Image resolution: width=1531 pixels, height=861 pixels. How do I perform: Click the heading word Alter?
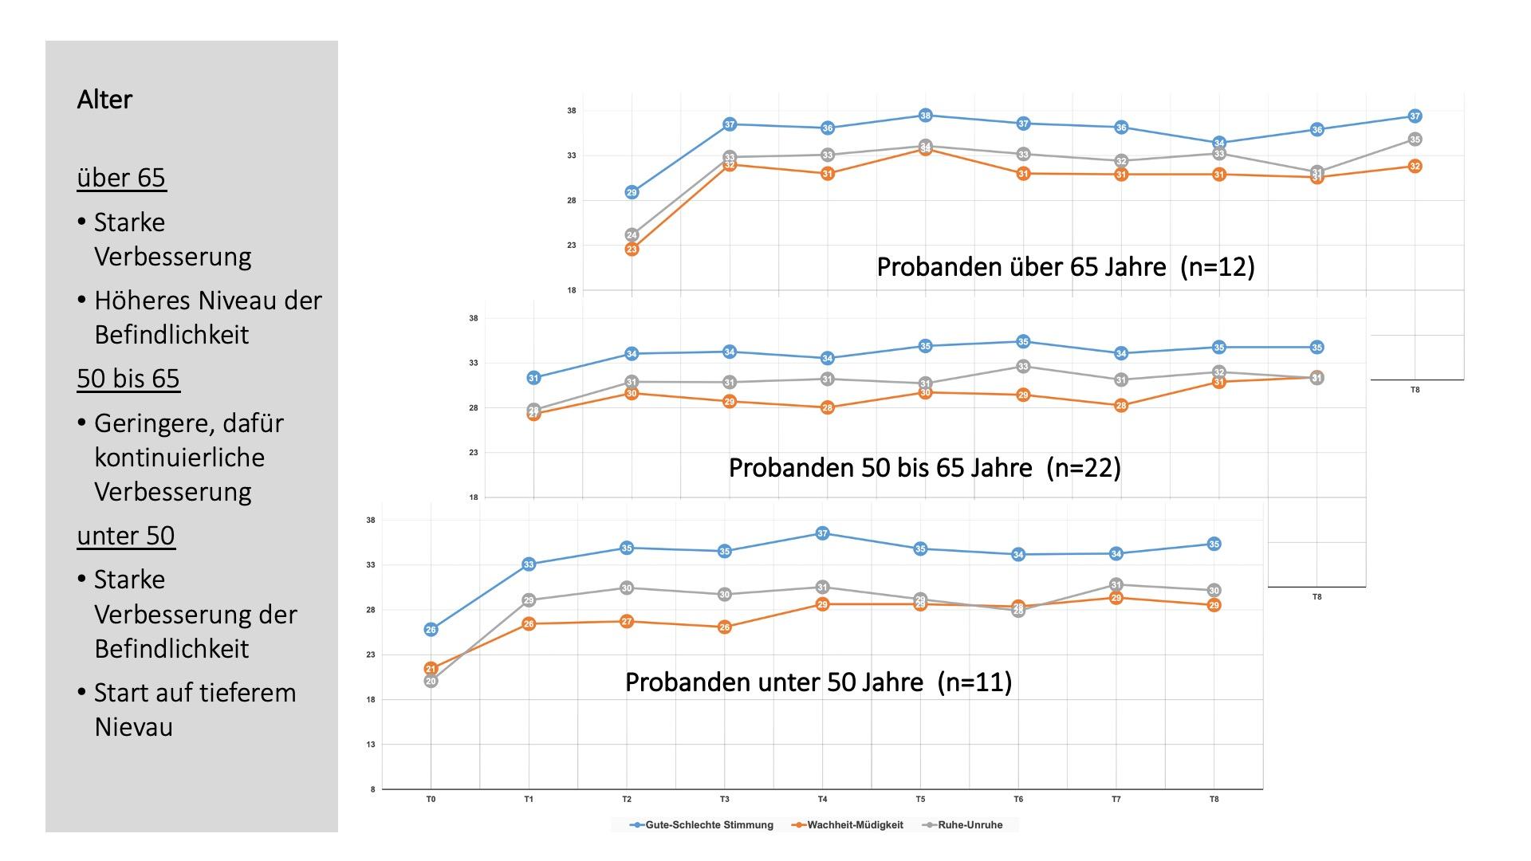click(104, 100)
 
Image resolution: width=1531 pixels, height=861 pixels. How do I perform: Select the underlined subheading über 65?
click(121, 177)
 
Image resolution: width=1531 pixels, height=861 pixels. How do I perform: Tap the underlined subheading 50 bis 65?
click(128, 378)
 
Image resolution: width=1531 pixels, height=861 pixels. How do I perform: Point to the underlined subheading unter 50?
click(126, 535)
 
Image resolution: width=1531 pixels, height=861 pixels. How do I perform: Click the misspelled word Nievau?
click(133, 727)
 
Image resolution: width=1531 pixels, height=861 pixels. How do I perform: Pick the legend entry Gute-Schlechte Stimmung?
click(709, 825)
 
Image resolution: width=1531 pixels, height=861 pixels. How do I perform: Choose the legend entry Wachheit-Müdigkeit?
click(855, 825)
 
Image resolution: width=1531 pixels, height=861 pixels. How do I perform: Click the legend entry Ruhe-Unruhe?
click(970, 825)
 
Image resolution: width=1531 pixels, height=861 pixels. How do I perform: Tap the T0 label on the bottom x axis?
click(431, 799)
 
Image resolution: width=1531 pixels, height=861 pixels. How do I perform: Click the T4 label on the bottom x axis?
click(822, 799)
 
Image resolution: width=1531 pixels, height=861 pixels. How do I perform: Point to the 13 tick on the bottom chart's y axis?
click(371, 745)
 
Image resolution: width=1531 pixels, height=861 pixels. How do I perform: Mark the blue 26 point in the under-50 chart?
click(431, 630)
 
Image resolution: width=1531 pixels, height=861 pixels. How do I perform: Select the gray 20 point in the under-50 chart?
click(431, 682)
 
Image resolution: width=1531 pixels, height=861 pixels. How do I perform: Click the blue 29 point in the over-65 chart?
click(632, 192)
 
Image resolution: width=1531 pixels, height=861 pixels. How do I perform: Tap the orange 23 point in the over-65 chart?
click(632, 250)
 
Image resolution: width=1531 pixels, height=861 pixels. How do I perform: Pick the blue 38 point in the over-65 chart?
click(925, 116)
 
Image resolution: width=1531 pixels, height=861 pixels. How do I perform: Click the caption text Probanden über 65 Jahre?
click(1021, 266)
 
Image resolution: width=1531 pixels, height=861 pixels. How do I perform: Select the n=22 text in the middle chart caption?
click(1084, 467)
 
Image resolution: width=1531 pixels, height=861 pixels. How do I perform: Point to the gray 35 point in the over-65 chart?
click(1415, 140)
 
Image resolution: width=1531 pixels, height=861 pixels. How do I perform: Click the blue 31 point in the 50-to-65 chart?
click(533, 378)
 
